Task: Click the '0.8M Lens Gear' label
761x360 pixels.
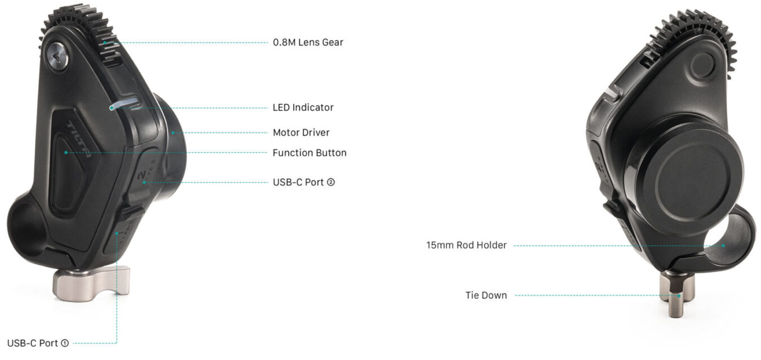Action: tap(308, 42)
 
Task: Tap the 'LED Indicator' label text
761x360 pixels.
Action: tap(303, 108)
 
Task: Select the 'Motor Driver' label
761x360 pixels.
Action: tap(301, 132)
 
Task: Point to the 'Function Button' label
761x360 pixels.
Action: tap(309, 153)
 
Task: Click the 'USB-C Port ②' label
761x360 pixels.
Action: tap(304, 183)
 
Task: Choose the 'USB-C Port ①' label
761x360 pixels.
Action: tap(38, 343)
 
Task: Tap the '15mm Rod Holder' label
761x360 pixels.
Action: tap(466, 245)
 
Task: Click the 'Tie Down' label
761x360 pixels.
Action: tap(486, 295)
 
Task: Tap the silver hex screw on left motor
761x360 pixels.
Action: tap(57, 56)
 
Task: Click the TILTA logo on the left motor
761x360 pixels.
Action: tap(79, 139)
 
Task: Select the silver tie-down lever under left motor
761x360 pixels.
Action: tap(91, 283)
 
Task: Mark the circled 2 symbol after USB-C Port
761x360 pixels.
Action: tap(330, 183)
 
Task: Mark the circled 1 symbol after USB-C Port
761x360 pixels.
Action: tap(65, 343)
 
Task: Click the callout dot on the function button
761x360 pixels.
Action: tap(66, 153)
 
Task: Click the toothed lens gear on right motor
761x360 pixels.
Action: tap(693, 41)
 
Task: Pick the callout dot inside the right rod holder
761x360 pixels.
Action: tap(723, 246)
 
